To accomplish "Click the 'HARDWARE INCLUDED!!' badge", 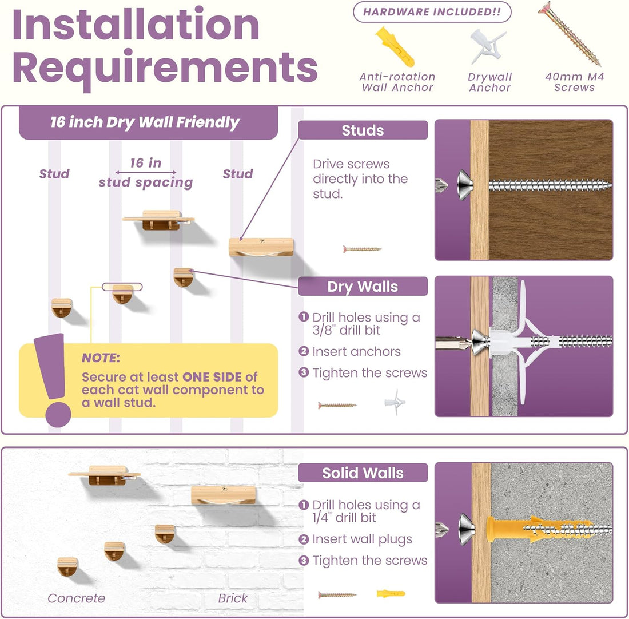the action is [x=432, y=12].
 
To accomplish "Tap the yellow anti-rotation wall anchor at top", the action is [x=395, y=46].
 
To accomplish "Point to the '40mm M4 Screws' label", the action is [x=575, y=82].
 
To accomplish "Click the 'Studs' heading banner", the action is [x=363, y=130].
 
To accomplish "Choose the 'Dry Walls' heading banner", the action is [x=363, y=286].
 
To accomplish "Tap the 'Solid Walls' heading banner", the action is [x=363, y=473].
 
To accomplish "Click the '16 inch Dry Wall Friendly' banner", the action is [x=148, y=122].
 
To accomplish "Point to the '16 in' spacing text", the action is [x=146, y=162].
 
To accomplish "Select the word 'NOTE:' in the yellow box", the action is [x=101, y=358].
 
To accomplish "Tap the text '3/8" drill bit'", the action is [x=346, y=330].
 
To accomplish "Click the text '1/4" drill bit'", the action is [x=344, y=517].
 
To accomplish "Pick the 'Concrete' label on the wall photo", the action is [x=76, y=598].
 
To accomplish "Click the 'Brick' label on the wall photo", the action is [x=233, y=598].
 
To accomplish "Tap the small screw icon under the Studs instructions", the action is [x=362, y=249].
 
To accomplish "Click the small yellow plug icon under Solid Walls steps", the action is [x=391, y=593].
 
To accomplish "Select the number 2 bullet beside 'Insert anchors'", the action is [x=304, y=351].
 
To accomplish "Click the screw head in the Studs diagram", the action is [x=464, y=185].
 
